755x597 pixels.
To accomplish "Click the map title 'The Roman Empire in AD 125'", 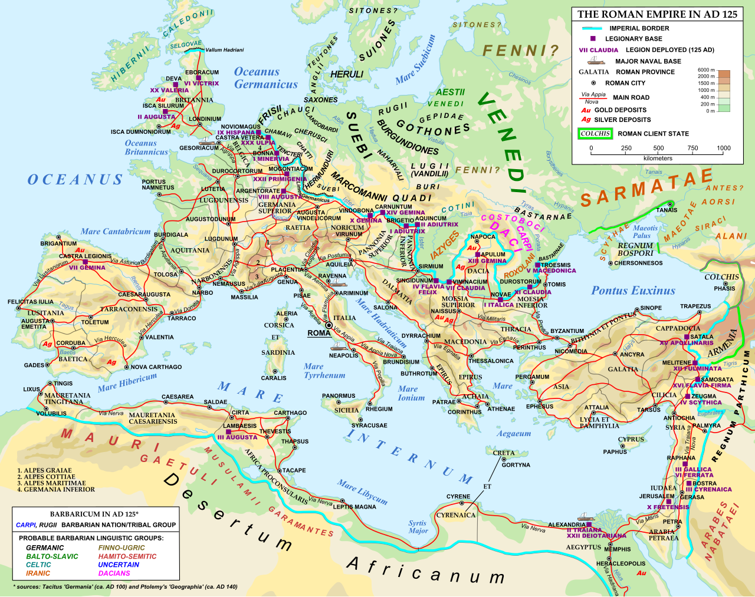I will pyautogui.click(x=657, y=14).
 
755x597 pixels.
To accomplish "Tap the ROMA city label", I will pyautogui.click(x=319, y=333).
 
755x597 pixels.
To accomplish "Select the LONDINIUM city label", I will pyautogui.click(x=205, y=118).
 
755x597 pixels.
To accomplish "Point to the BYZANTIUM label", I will pyautogui.click(x=567, y=331).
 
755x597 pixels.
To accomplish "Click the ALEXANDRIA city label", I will pyautogui.click(x=566, y=525).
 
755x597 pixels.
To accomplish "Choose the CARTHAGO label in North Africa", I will pyautogui.click(x=290, y=413).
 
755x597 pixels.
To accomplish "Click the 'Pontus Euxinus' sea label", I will pyautogui.click(x=633, y=291).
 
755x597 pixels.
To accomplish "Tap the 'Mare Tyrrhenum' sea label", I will pyautogui.click(x=324, y=371).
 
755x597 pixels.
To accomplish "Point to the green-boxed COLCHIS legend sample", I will pyautogui.click(x=595, y=134).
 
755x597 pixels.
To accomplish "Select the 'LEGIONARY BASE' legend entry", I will pyautogui.click(x=633, y=39).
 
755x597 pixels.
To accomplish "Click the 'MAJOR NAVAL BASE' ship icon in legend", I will pyautogui.click(x=596, y=61).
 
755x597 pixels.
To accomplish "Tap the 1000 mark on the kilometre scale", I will pyautogui.click(x=723, y=149).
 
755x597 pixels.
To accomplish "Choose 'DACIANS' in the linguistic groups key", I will pyautogui.click(x=114, y=573).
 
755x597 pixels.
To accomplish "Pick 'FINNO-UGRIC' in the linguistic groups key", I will pyautogui.click(x=122, y=548).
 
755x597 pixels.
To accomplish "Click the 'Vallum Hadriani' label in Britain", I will pyautogui.click(x=224, y=50).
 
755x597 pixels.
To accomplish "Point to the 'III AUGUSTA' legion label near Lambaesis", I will pyautogui.click(x=237, y=437).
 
